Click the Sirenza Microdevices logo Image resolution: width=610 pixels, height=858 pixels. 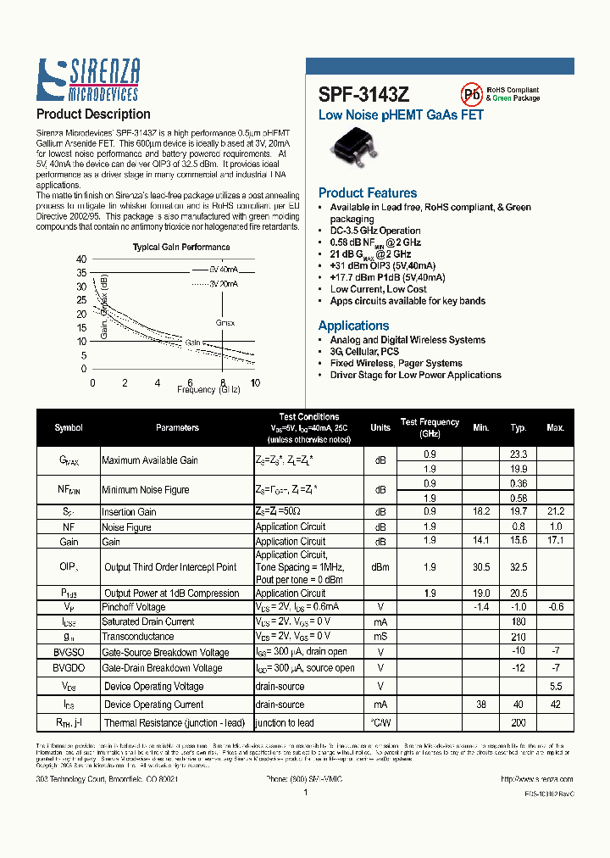click(89, 81)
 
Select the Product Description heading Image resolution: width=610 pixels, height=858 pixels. click(93, 114)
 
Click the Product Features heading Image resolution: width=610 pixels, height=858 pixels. click(368, 193)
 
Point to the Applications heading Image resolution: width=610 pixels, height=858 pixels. click(353, 326)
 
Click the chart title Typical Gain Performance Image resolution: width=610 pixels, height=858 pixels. click(181, 248)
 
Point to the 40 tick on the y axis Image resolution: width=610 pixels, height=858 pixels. click(81, 259)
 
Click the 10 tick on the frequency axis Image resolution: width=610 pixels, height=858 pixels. click(255, 382)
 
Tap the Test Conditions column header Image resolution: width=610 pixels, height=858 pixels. click(308, 417)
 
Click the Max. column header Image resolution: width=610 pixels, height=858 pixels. click(555, 428)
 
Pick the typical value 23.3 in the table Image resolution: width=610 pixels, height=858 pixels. click(518, 454)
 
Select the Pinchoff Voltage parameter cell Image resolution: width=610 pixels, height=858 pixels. click(133, 607)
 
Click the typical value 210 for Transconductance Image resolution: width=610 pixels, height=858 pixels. click(518, 637)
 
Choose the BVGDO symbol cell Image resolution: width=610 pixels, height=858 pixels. click(69, 668)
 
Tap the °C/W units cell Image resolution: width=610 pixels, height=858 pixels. click(380, 722)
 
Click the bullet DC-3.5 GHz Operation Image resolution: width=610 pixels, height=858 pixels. click(374, 231)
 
